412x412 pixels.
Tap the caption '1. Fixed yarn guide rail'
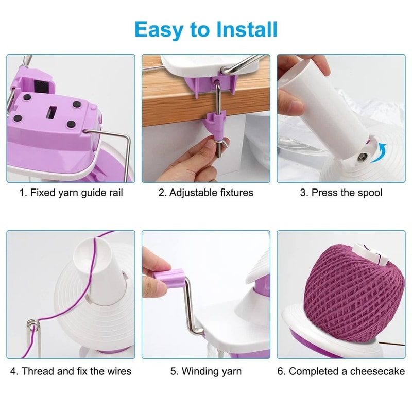tap(71, 193)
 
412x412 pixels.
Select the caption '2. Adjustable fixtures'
tap(206, 193)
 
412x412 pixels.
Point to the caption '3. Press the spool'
tap(341, 193)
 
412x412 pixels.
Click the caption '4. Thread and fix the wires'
tap(71, 371)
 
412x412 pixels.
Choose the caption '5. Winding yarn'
tap(206, 371)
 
